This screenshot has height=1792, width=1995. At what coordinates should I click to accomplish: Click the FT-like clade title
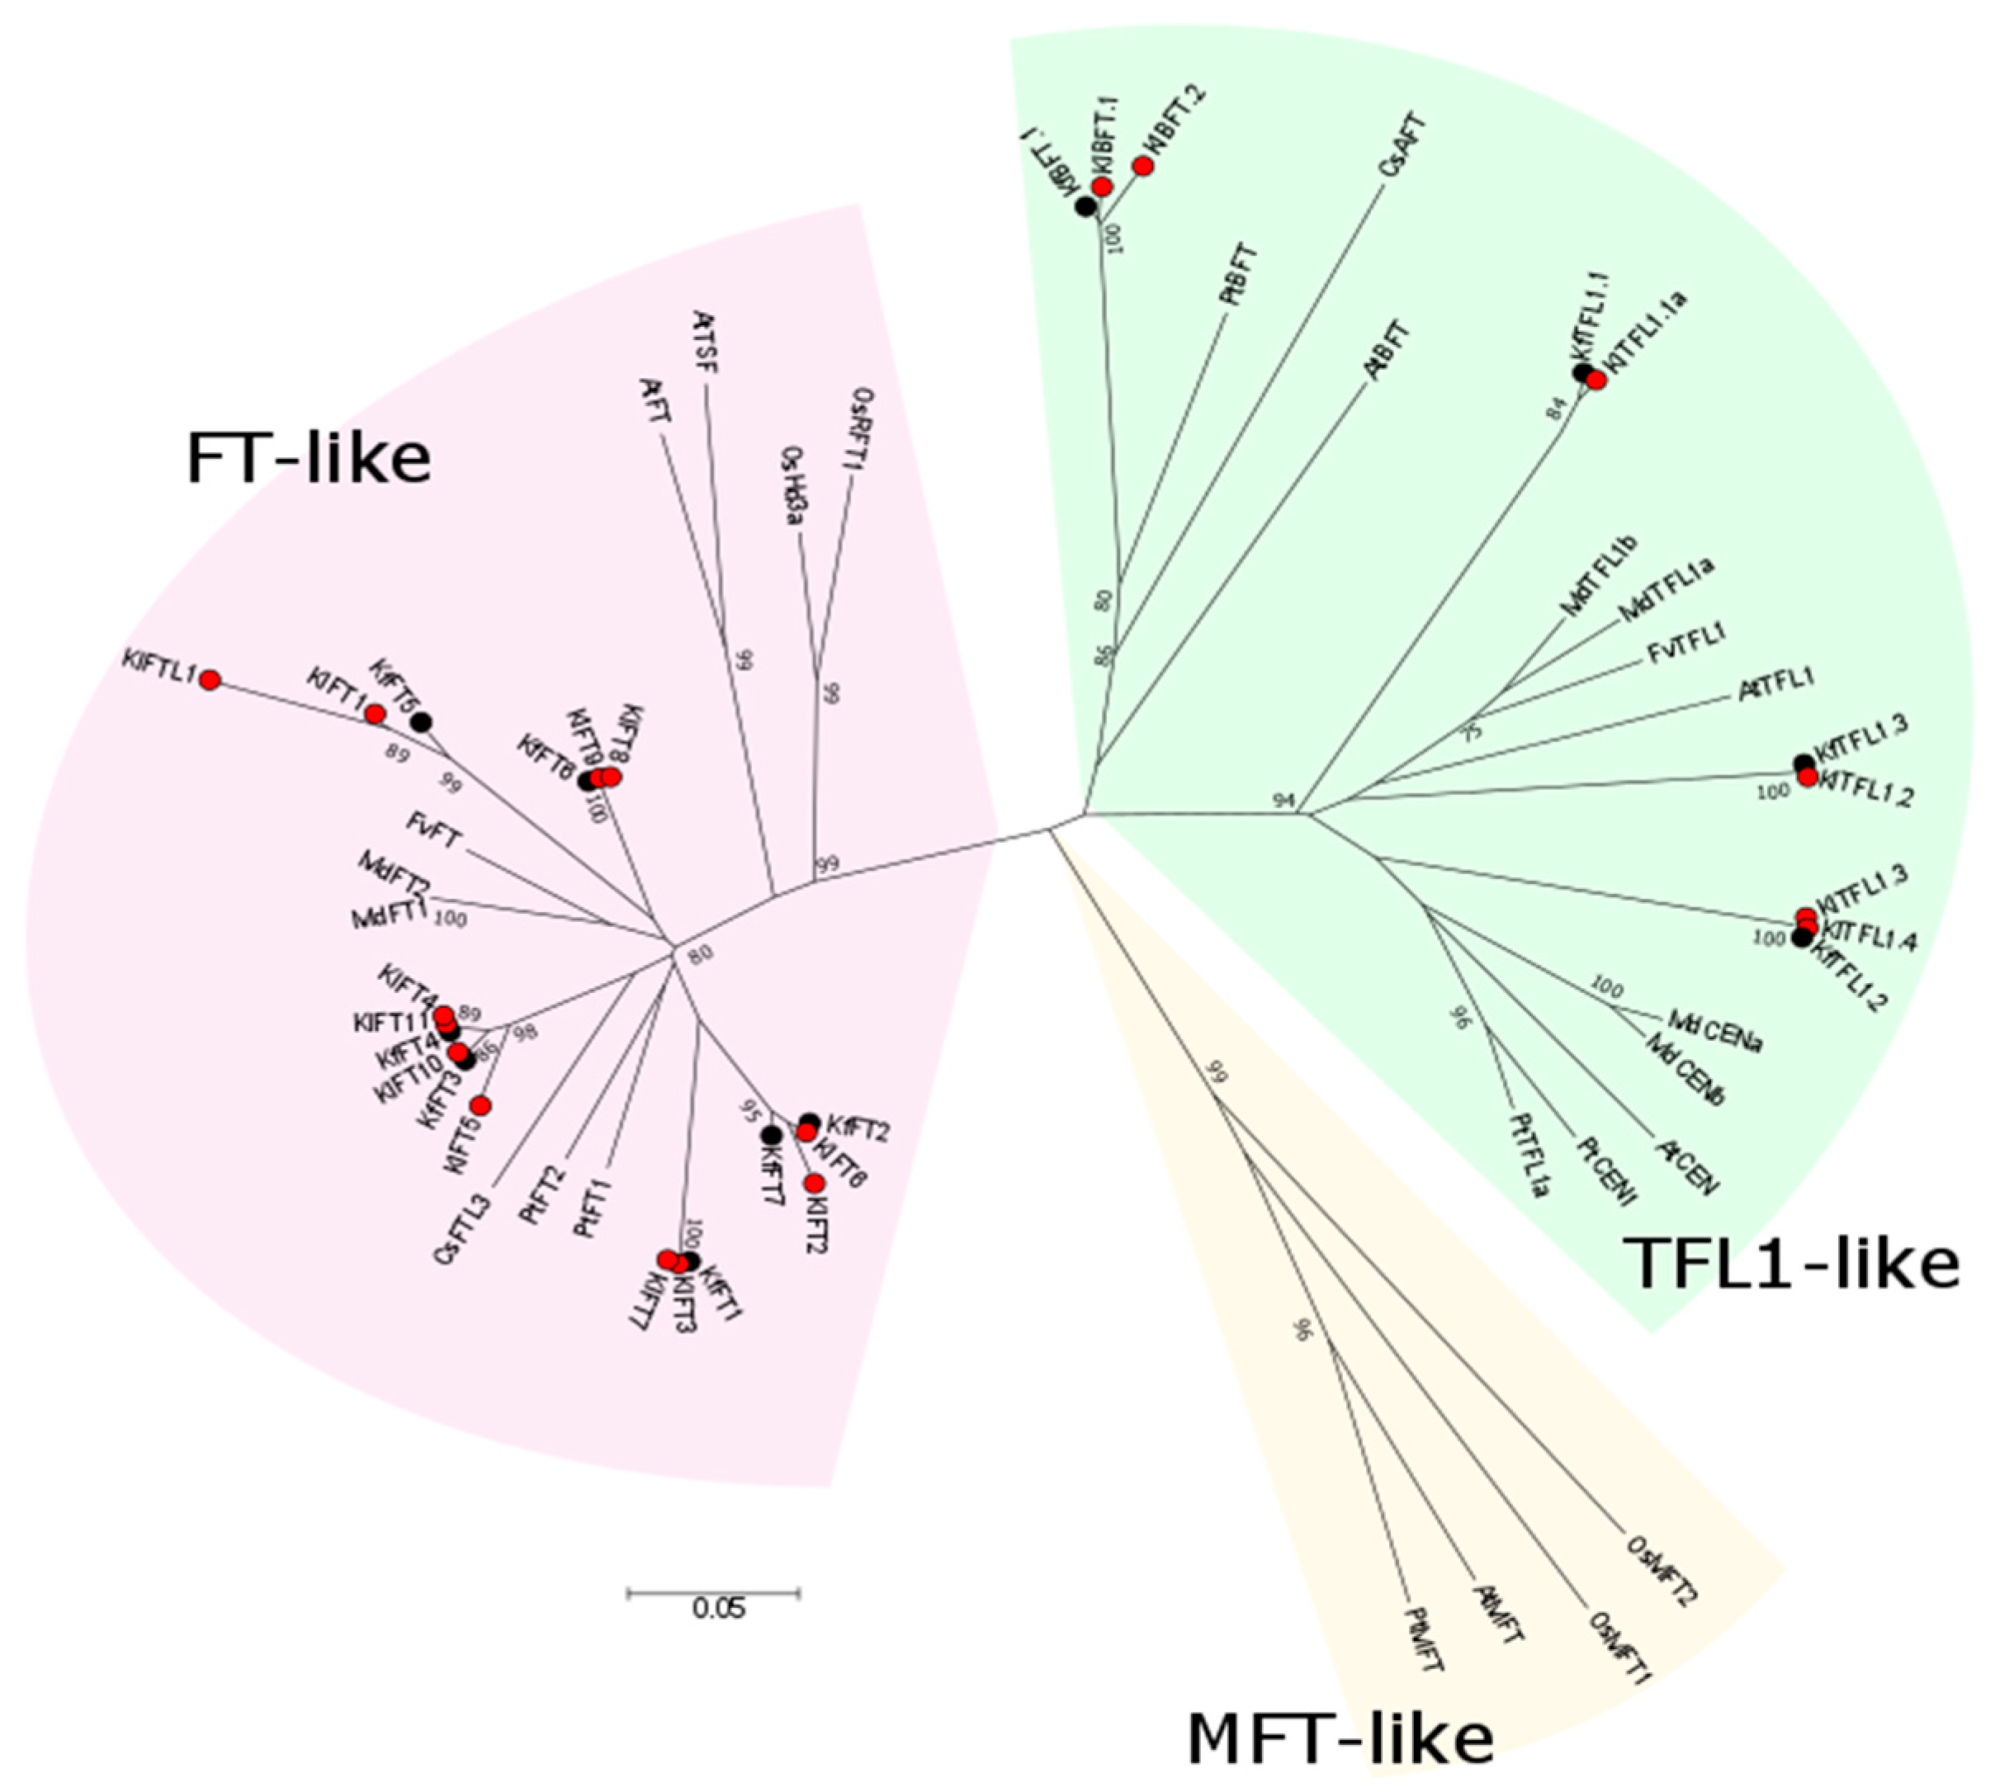point(308,459)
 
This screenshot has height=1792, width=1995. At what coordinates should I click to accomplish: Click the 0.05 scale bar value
point(718,1609)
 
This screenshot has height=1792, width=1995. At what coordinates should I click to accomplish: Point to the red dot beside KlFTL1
point(210,679)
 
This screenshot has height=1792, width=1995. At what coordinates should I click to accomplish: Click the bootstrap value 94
point(1283,801)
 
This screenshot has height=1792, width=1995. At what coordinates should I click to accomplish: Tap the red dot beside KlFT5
point(480,1104)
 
